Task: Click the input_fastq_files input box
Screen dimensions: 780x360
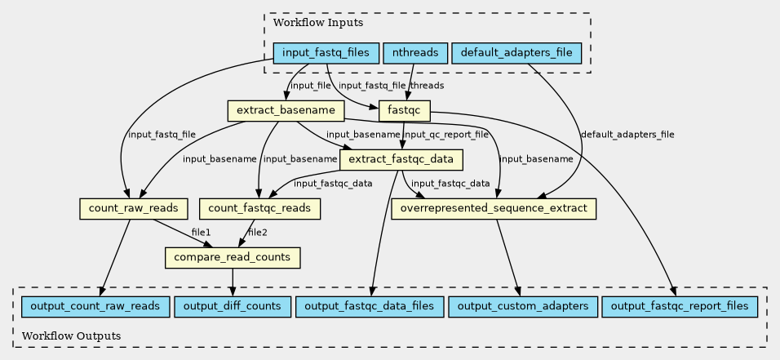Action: (x=326, y=53)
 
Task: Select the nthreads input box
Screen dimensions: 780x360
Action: (x=415, y=53)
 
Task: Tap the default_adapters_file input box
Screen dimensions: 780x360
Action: (x=516, y=53)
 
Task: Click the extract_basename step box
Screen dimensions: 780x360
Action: (x=286, y=110)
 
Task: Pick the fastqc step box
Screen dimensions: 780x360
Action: (x=405, y=110)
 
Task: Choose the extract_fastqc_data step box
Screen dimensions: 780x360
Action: (x=401, y=159)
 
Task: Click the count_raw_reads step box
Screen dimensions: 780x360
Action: (x=133, y=208)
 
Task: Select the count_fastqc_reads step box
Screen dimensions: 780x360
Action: (x=259, y=208)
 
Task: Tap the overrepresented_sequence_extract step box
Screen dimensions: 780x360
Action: (x=494, y=208)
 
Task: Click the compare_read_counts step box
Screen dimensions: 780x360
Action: (x=233, y=257)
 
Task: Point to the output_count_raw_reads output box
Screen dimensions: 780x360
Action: (x=95, y=306)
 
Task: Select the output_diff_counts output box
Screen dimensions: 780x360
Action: (x=233, y=306)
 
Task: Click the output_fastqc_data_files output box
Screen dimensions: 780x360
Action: (x=370, y=306)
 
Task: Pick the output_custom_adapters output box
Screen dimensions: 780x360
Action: (x=523, y=306)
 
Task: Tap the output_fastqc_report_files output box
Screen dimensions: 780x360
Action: (x=680, y=306)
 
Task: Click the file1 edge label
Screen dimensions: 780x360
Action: (x=201, y=232)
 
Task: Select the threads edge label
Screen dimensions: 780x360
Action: (x=427, y=86)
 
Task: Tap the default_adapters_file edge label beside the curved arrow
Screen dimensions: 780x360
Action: (x=627, y=135)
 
